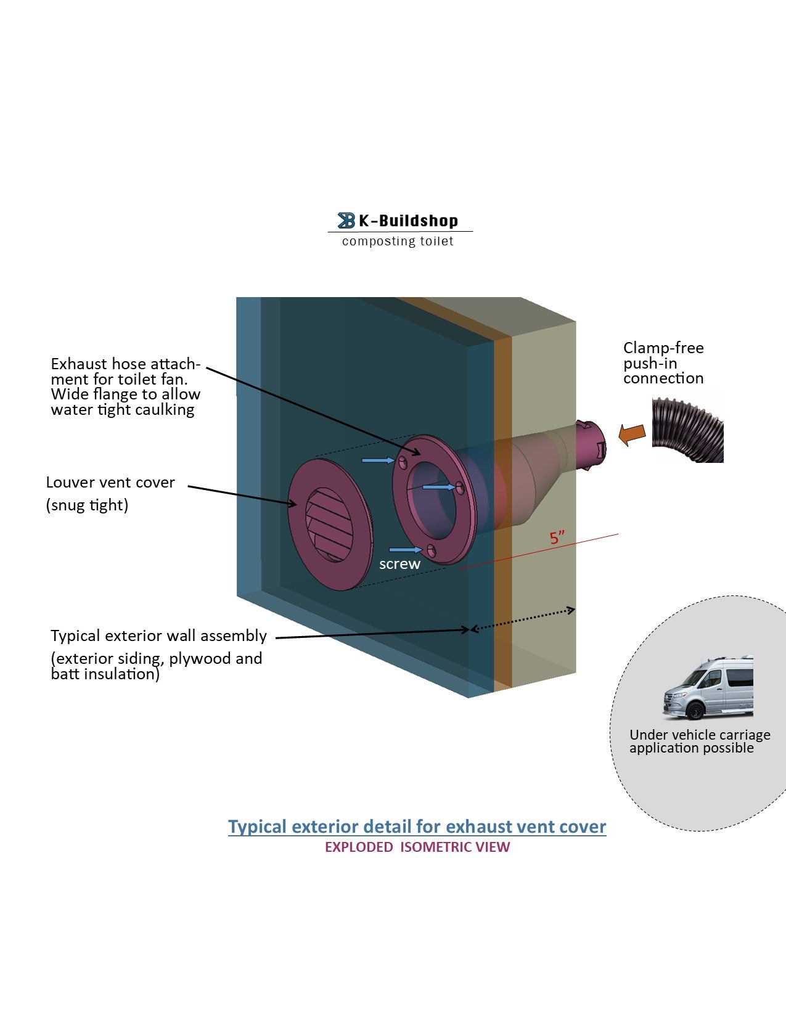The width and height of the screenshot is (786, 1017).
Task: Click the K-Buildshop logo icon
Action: tap(346, 220)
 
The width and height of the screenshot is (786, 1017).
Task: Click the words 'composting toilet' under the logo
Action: tap(398, 241)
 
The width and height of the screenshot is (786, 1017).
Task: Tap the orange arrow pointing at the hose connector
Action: tap(632, 434)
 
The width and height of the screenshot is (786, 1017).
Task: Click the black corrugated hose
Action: tap(689, 430)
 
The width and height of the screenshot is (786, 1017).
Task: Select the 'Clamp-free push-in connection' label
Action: tap(663, 363)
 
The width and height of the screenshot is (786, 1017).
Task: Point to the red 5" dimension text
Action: tap(557, 537)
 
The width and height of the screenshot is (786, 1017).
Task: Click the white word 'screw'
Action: tap(399, 564)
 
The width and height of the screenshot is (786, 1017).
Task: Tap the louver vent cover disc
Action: tap(330, 523)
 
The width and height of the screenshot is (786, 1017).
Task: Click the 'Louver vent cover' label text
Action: tap(110, 483)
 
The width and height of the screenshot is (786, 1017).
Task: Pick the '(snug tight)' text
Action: tap(87, 505)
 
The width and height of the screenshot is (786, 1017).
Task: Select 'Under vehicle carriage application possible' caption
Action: tap(699, 741)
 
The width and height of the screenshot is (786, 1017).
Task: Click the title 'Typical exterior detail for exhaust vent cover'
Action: tap(417, 827)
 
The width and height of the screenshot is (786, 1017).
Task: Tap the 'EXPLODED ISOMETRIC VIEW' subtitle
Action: tap(417, 847)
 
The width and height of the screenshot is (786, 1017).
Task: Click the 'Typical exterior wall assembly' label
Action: tap(158, 635)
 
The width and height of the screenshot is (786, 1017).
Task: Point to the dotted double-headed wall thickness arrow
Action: tap(523, 619)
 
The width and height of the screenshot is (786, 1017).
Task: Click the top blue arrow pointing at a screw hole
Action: tap(377, 460)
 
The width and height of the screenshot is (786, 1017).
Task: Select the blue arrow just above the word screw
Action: tap(405, 549)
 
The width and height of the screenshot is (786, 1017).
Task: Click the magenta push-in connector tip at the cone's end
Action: tap(590, 444)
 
